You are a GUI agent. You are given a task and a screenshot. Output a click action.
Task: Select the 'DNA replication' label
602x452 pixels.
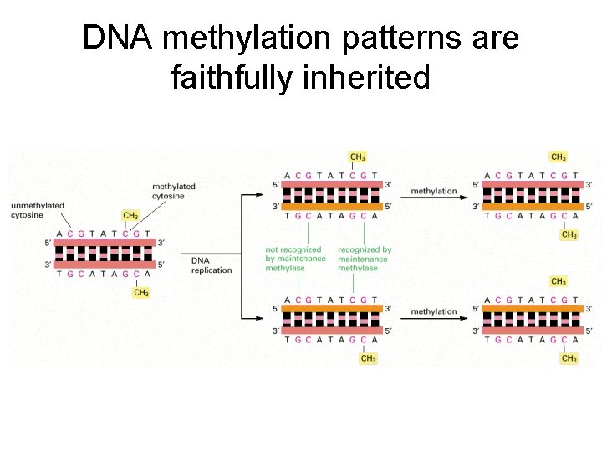(212, 265)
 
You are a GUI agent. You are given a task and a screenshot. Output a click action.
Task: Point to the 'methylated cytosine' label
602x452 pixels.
(174, 191)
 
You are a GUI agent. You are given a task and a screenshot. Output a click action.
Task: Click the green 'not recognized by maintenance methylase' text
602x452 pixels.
(295, 259)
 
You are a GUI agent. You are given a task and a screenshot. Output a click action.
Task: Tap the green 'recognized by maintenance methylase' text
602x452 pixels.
(365, 259)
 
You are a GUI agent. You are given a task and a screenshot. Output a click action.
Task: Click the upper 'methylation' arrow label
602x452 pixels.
(434, 192)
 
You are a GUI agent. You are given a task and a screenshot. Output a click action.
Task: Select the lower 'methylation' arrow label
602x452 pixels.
(434, 312)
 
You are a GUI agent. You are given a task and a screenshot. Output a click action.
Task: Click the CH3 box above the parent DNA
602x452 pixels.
(130, 216)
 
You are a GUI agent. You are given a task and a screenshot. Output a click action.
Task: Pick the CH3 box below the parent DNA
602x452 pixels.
(141, 292)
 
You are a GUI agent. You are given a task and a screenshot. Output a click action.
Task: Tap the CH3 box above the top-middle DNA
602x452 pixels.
(357, 157)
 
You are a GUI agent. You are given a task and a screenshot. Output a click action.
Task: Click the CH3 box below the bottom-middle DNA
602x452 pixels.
(368, 358)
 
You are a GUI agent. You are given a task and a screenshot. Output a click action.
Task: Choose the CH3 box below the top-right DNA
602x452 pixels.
(569, 235)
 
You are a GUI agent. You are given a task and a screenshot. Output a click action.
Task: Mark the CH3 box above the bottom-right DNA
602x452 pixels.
(559, 281)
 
